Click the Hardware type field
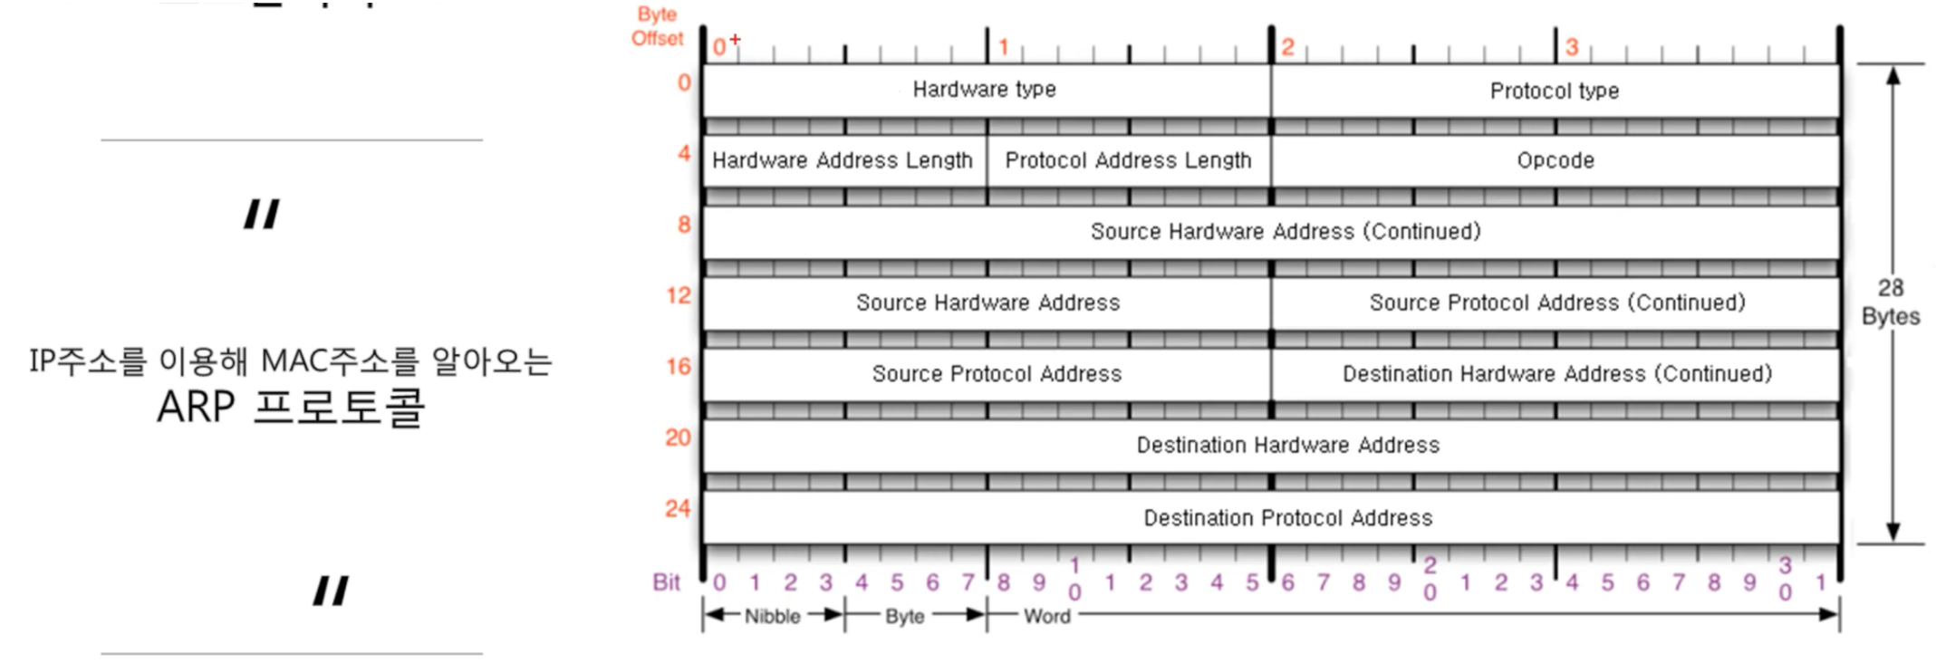985,90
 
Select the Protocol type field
1555,91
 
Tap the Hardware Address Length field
843,160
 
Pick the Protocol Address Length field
1128,160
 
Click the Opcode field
1556,160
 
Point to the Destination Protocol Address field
1287,518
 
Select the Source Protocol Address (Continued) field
1556,303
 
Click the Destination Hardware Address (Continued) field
1556,374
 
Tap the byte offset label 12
678,295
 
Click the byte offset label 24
678,509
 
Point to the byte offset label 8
684,225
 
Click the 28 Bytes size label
1891,302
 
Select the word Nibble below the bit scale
773,617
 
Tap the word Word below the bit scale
1047,617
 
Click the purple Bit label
667,582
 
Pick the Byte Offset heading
657,26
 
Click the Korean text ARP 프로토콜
291,407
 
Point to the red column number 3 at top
1572,47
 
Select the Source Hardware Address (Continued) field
1285,232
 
